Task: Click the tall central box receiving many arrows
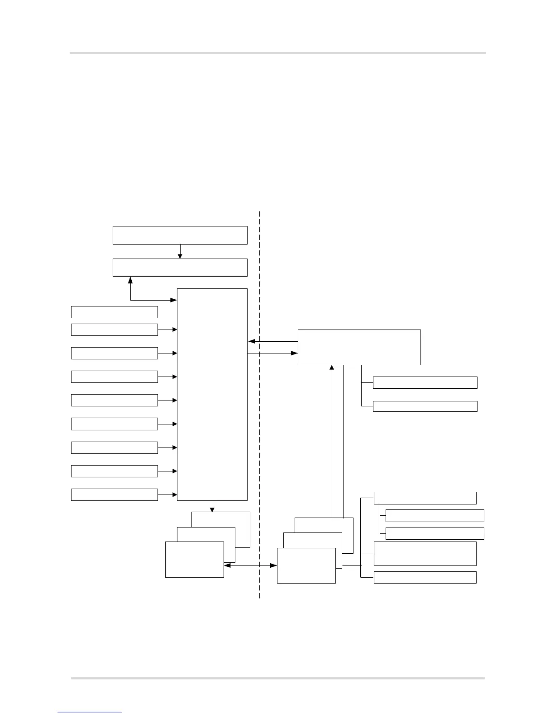point(212,394)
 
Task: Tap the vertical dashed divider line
point(259,407)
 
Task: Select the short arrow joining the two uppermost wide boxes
point(180,251)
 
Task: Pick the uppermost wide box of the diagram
point(180,235)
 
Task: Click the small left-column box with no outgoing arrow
point(114,312)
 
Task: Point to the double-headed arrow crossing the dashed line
point(250,565)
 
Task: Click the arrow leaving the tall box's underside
point(212,506)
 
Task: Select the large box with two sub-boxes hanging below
point(359,347)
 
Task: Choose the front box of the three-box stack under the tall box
point(194,559)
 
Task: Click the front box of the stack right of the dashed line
point(306,566)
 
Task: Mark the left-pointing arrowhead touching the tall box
point(252,342)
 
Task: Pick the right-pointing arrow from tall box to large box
point(272,353)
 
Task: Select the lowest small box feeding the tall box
point(114,495)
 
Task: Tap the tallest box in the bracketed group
point(425,553)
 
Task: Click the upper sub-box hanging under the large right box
point(425,382)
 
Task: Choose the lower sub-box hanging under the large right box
point(425,406)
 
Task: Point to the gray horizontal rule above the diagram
point(277,53)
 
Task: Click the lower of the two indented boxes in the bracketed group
point(435,533)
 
